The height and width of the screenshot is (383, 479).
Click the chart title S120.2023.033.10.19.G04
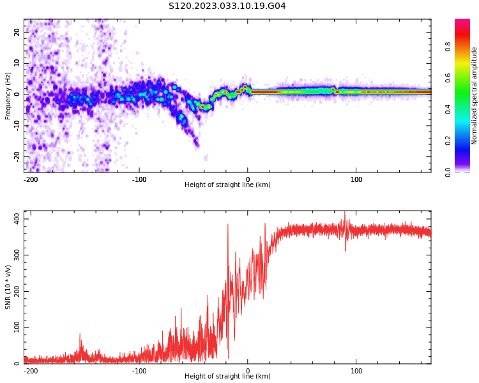[x=227, y=6]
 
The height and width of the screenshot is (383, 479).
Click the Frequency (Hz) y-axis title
[x=8, y=96]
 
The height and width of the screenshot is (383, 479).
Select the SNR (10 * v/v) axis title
[x=8, y=287]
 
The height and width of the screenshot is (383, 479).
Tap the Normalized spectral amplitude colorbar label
[x=475, y=96]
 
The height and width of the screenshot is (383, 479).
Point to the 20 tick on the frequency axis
[x=17, y=32]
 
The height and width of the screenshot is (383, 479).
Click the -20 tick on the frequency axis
[x=16, y=156]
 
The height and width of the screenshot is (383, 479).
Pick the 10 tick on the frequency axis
[x=17, y=63]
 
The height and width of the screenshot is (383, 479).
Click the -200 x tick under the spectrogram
[x=30, y=179]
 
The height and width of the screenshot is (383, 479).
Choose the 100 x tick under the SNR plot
[x=356, y=371]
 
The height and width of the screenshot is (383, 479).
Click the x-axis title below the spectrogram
[x=227, y=185]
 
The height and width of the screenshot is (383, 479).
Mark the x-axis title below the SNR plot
[x=227, y=377]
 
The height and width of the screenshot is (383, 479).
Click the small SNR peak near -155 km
[x=80, y=334]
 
